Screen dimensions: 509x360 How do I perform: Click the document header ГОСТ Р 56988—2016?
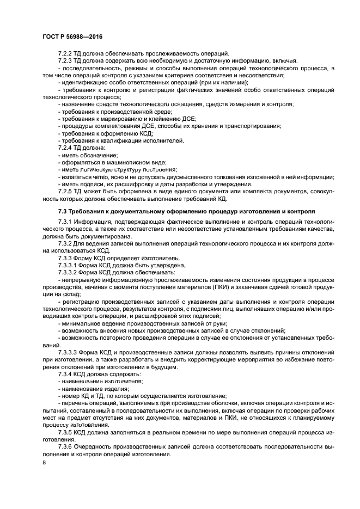coord(72,36)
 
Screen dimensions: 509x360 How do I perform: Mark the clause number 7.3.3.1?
coord(69,265)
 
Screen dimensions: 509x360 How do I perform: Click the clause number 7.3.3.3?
coord(69,352)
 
